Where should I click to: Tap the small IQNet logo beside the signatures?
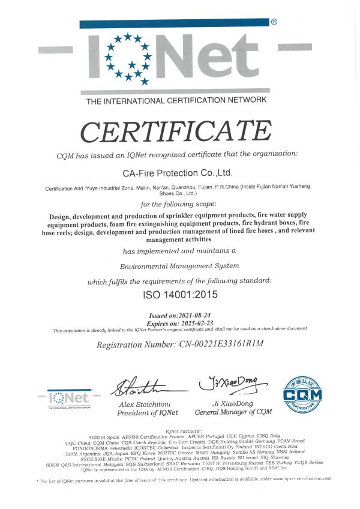point(69,398)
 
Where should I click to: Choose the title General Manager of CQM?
point(233,412)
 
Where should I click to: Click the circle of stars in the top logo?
point(127,58)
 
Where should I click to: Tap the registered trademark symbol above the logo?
point(274,22)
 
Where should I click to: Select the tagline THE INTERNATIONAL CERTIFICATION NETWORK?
point(176,101)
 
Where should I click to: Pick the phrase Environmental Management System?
point(179,265)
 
